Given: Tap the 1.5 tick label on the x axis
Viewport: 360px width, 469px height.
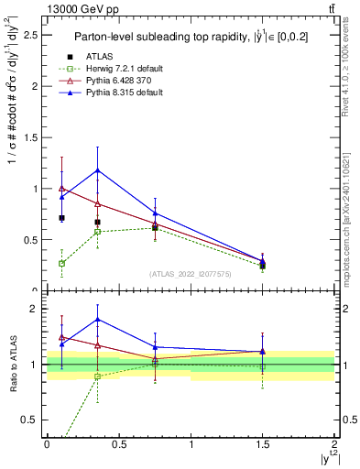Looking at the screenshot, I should (x=263, y=443).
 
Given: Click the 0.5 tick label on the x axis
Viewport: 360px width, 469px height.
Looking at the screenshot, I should (x=119, y=443).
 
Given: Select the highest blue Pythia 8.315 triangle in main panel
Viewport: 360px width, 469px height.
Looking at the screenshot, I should (x=97, y=170).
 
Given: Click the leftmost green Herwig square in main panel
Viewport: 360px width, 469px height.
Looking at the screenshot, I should (x=61, y=264).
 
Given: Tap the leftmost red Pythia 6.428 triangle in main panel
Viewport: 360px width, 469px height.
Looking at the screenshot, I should (x=61, y=189).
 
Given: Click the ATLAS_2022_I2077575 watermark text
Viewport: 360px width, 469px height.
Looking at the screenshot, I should (x=190, y=274).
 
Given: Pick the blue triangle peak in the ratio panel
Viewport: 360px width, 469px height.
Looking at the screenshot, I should (x=97, y=320).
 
